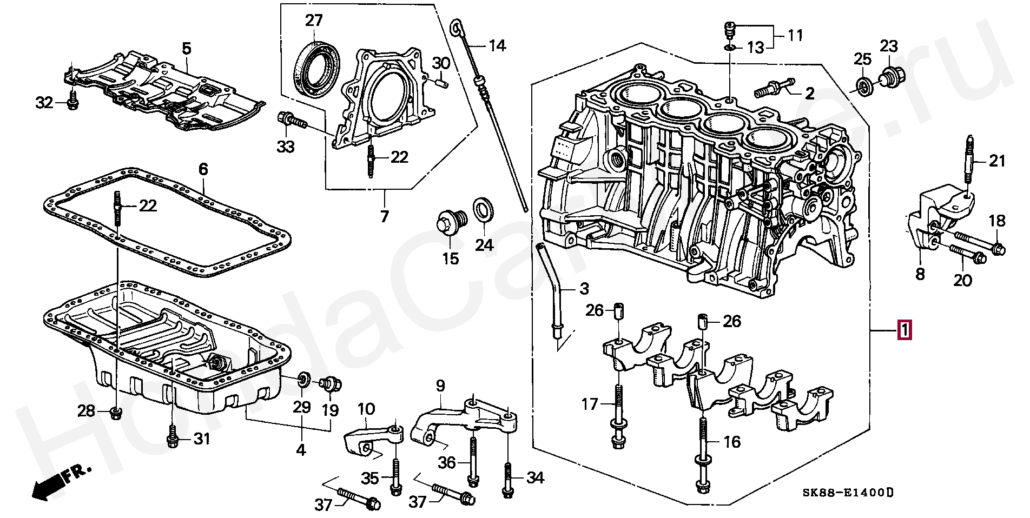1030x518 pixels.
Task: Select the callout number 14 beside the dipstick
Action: (497, 45)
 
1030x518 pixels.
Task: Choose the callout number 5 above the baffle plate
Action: (187, 49)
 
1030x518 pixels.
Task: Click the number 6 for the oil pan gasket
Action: (203, 169)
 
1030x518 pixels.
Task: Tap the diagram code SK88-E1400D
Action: (847, 493)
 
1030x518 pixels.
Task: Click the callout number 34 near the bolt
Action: (534, 478)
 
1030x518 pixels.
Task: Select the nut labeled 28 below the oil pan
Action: (115, 413)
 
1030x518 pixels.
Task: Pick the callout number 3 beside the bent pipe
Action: (584, 289)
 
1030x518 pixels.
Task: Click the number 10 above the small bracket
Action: (366, 409)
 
